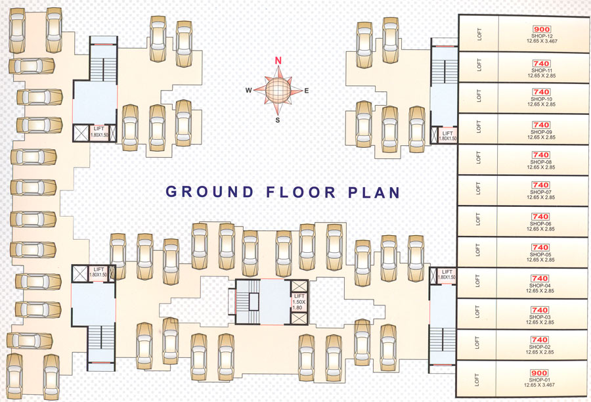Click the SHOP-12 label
[x=541, y=36]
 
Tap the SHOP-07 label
[x=541, y=192]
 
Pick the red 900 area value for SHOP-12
[x=541, y=30]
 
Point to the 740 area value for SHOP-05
[x=541, y=248]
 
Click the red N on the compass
[x=278, y=60]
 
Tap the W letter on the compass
[x=249, y=90]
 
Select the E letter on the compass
[x=307, y=90]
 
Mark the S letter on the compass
[x=278, y=120]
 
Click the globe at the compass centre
[x=278, y=89]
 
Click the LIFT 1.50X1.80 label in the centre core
[x=298, y=301]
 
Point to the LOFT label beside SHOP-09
[x=479, y=127]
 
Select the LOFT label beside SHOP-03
[x=479, y=315]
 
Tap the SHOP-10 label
[x=541, y=99]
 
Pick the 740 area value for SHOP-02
[x=541, y=340]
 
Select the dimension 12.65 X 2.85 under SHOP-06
[x=541, y=229]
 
